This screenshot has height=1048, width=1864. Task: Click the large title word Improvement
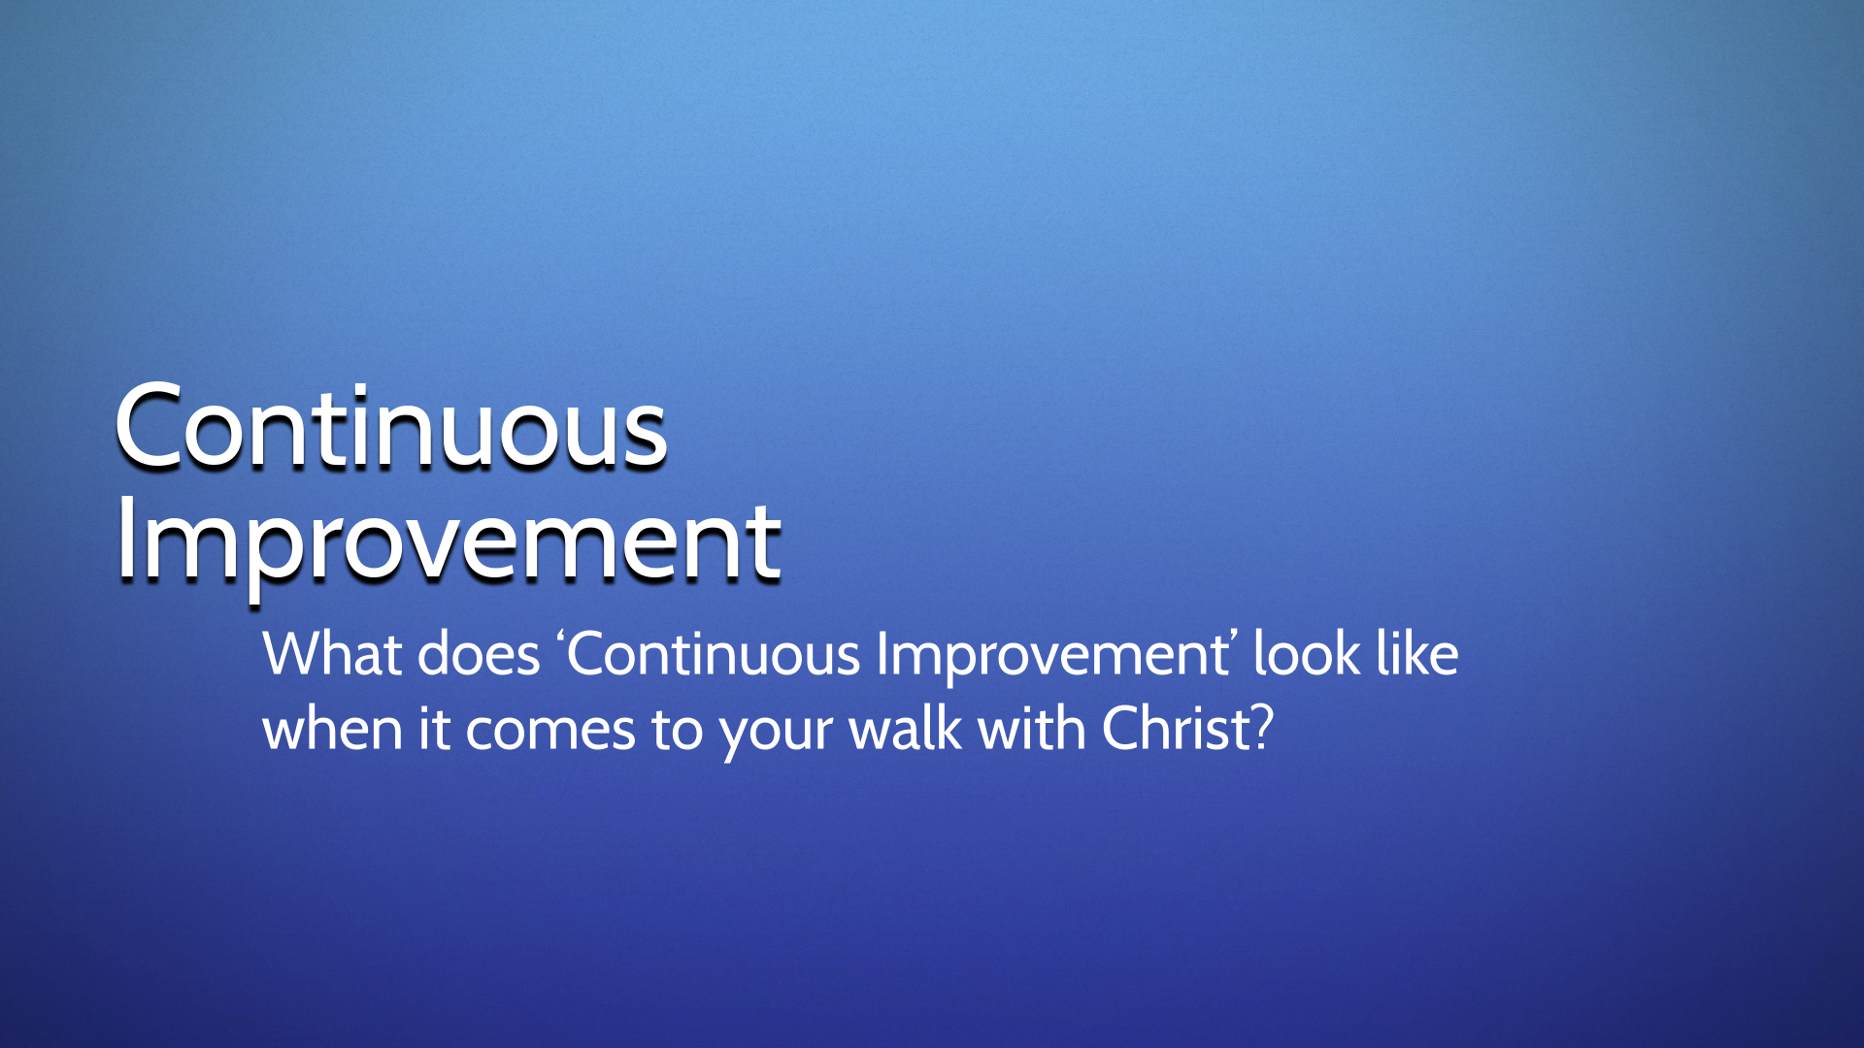point(449,543)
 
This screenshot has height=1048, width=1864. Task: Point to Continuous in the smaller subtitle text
point(714,654)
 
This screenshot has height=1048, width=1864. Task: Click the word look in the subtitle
point(1307,654)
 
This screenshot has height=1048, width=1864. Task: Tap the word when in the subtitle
point(332,730)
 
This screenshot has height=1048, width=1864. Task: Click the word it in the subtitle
point(434,730)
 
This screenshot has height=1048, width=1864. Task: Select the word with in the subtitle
point(1032,729)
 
